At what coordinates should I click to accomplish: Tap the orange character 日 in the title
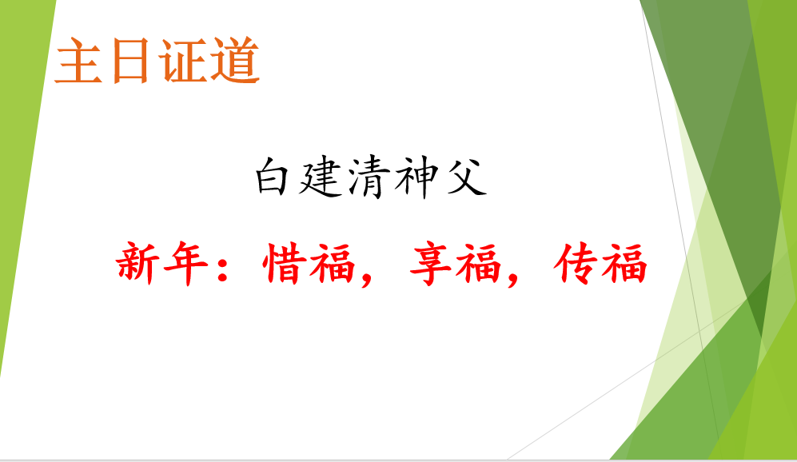pos(130,61)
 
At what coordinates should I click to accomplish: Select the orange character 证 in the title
pos(182,60)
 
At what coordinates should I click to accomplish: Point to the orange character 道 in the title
pos(235,60)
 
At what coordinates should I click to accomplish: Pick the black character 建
pos(321,177)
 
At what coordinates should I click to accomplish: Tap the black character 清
pos(369,177)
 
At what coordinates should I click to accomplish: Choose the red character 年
pos(186,263)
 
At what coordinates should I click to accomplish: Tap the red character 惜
pos(285,263)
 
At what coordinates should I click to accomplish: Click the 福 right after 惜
pos(332,263)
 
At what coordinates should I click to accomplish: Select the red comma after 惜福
pos(367,278)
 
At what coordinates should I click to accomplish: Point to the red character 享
pos(431,263)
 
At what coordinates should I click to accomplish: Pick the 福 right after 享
pos(478,263)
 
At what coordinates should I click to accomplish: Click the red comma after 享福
pos(513,278)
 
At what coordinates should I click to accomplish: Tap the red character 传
pos(576,263)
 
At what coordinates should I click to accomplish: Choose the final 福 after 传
pos(624,263)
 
